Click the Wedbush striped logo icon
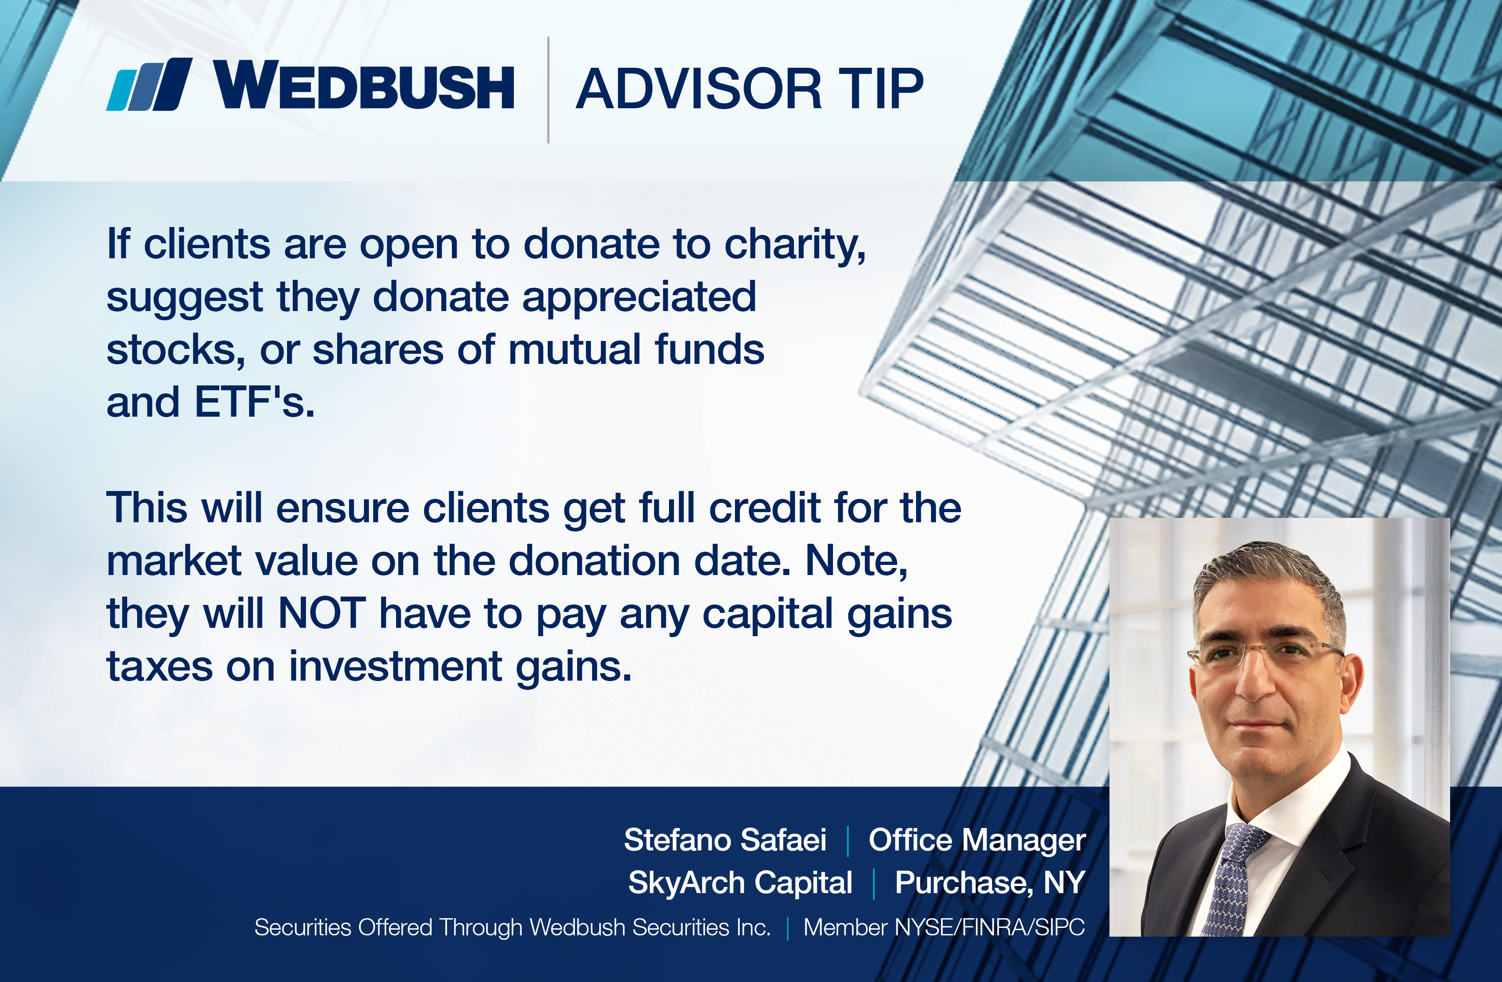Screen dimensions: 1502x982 pyautogui.click(x=149, y=84)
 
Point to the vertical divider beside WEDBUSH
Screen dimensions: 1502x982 pyautogui.click(x=549, y=90)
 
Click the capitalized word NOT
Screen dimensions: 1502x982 pyautogui.click(x=322, y=613)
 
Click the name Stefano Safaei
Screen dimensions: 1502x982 pyautogui.click(x=725, y=840)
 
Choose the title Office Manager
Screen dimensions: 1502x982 pyautogui.click(x=977, y=840)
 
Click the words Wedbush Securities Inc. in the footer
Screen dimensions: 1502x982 pyautogui.click(x=650, y=927)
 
